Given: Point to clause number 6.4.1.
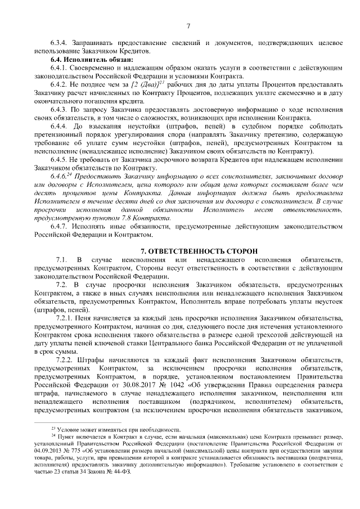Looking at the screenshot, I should (x=59, y=67).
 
